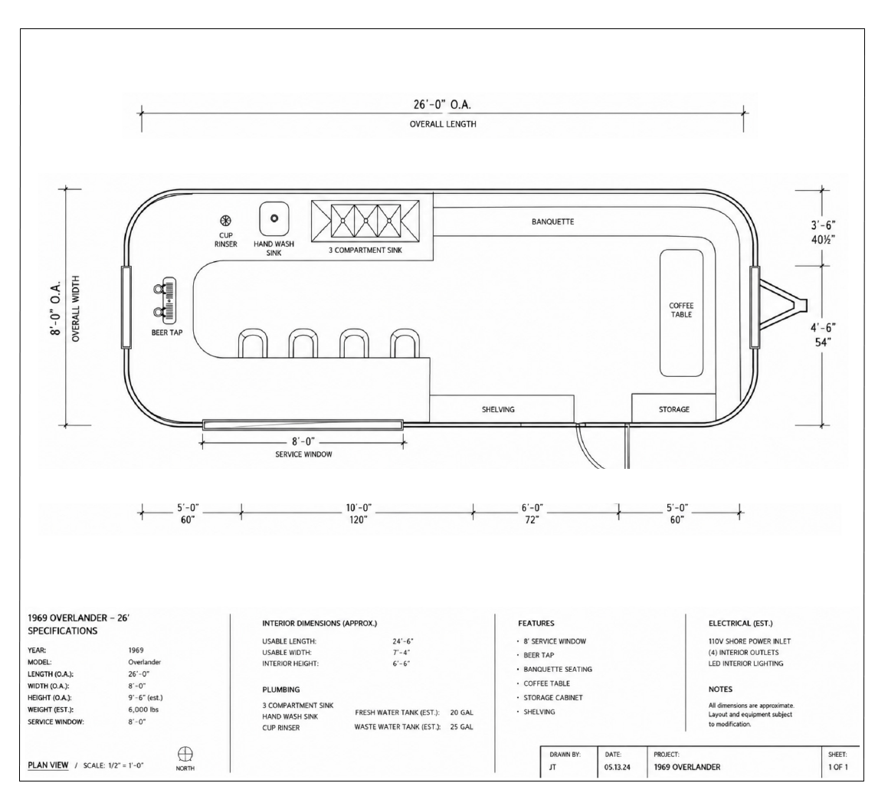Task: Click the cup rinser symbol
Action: (225, 221)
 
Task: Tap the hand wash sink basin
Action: (274, 218)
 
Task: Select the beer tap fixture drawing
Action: (164, 300)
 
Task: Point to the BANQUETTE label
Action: (552, 221)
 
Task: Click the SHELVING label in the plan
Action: (498, 410)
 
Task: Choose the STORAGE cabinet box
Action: (674, 408)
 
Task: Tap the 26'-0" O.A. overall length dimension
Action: (442, 104)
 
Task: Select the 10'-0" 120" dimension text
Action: (359, 514)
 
